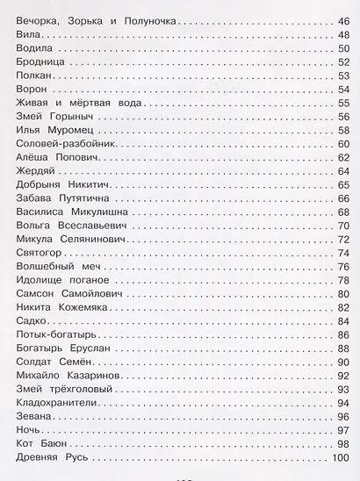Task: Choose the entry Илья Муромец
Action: point(54,130)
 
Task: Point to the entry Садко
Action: point(32,322)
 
